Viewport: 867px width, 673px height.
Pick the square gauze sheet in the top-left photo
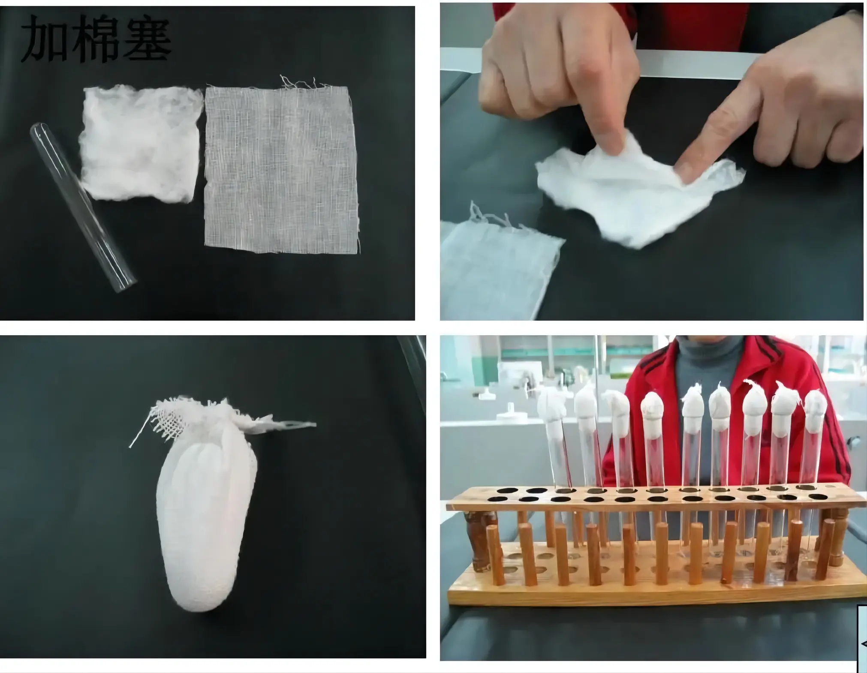coord(282,167)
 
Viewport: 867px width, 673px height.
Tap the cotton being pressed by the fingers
coord(639,189)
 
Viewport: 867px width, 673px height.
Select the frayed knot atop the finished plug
coord(214,418)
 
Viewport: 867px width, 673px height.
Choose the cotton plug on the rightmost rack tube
coord(815,412)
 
